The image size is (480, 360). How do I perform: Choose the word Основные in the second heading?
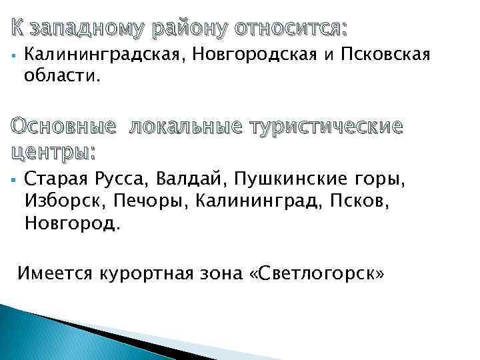(x=63, y=127)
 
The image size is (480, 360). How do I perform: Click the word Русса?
(x=120, y=179)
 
